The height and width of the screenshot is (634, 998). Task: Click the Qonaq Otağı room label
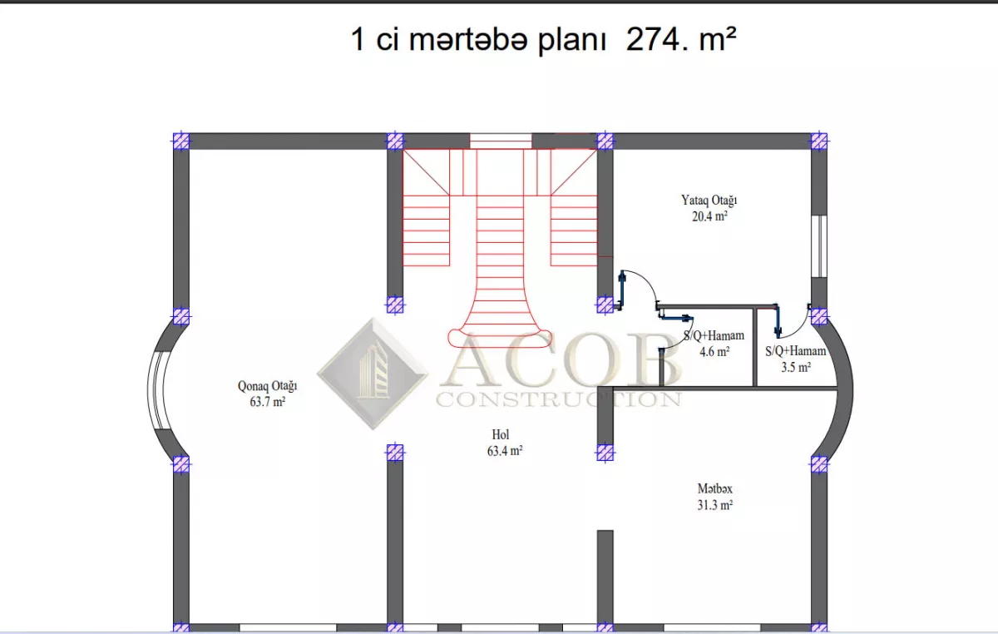click(267, 386)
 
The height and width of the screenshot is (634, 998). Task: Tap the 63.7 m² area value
click(267, 402)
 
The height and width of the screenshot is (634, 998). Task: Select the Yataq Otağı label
click(709, 201)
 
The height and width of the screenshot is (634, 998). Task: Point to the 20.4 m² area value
click(709, 216)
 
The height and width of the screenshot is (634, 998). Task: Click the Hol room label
click(501, 434)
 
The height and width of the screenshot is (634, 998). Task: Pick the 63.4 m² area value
click(505, 451)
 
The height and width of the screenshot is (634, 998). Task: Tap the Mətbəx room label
click(714, 488)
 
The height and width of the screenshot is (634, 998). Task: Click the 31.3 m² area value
click(715, 505)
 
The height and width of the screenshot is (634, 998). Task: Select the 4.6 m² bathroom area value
click(714, 352)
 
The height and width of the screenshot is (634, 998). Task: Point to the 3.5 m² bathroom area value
click(796, 367)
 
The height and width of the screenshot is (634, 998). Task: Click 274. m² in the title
click(681, 39)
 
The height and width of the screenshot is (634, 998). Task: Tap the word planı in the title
click(571, 40)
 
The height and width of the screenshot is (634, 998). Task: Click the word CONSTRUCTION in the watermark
click(559, 399)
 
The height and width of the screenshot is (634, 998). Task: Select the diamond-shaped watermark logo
click(373, 374)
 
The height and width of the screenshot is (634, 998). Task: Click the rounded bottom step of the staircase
click(500, 338)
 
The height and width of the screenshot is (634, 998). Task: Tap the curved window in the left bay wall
click(156, 390)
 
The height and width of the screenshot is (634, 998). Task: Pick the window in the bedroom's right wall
click(819, 246)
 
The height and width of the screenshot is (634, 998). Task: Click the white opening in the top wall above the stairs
click(501, 141)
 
